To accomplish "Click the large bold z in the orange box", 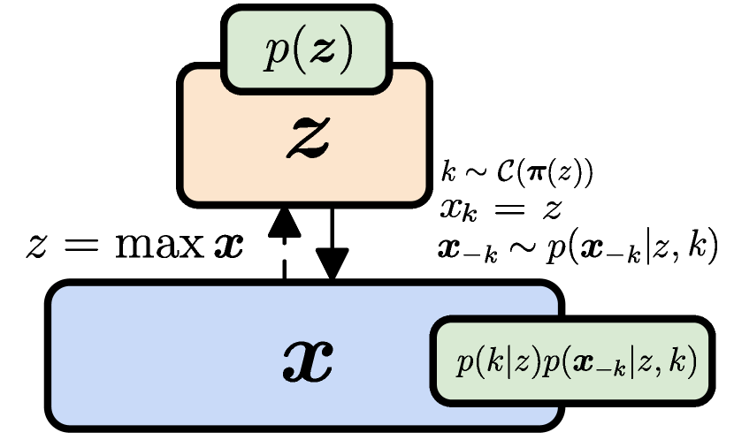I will (308, 138).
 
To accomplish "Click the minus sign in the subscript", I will (600, 368).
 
